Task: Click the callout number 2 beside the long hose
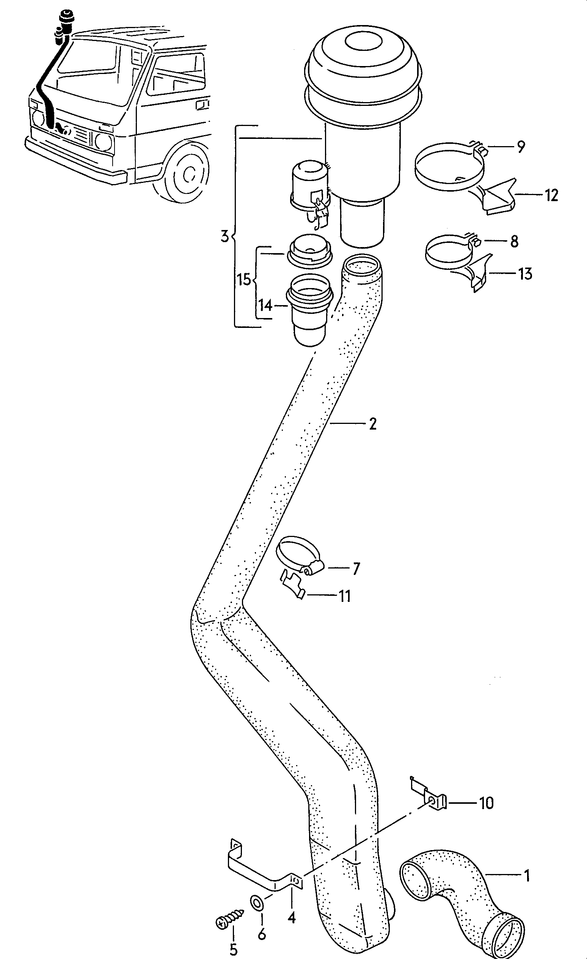coord(373,424)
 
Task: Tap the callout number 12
coord(551,195)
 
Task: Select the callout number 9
coord(521,147)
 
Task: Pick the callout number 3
coord(224,236)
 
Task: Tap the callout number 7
coord(356,569)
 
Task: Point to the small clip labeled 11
coord(292,584)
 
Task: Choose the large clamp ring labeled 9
coord(447,167)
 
